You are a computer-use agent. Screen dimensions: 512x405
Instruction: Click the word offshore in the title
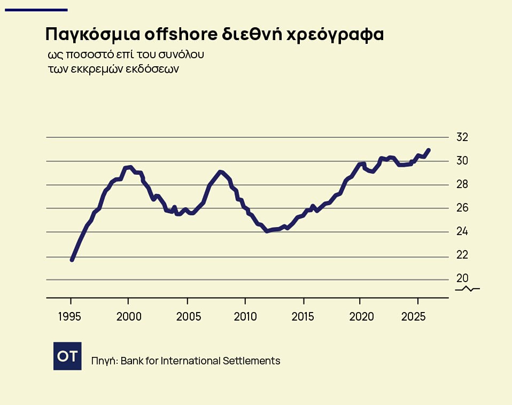point(181,34)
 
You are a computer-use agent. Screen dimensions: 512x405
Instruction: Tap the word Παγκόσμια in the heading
point(92,35)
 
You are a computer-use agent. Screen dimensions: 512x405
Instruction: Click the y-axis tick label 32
point(462,137)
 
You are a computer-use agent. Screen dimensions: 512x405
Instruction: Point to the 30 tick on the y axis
point(462,161)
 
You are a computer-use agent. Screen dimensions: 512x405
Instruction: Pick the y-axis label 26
point(462,207)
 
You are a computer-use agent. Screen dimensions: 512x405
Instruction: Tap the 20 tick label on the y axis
point(462,278)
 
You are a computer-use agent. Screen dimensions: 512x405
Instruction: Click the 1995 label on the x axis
point(69,316)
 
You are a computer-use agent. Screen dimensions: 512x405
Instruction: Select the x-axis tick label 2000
point(129,316)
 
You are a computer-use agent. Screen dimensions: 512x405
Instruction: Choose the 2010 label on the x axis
point(245,316)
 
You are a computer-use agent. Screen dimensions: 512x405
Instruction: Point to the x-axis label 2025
point(413,316)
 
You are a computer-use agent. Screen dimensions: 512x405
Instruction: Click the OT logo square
point(67,356)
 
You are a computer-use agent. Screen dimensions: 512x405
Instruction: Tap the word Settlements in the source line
point(251,361)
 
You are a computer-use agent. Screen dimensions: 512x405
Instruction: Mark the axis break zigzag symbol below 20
point(468,289)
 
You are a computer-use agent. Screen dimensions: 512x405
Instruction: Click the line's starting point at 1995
point(72,260)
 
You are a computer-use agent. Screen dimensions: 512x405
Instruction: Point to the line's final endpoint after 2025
point(429,150)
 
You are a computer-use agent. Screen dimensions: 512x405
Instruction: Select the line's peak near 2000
point(130,167)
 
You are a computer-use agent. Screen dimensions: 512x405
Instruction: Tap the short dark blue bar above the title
point(36,10)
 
